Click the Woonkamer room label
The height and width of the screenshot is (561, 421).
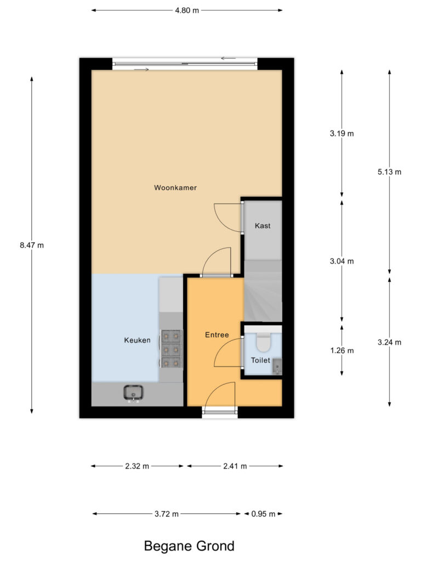tap(175, 187)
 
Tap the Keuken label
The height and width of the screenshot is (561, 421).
tap(137, 340)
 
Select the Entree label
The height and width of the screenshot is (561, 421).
tap(217, 335)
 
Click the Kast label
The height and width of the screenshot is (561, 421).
tap(263, 226)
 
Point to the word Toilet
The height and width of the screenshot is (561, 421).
tap(260, 360)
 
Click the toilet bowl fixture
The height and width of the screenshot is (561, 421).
tap(263, 341)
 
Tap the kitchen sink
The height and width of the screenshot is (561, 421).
tap(133, 393)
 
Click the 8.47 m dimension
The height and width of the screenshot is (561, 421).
tap(31, 245)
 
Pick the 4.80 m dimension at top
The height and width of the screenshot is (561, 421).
tap(187, 10)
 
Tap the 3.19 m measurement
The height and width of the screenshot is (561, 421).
tap(342, 133)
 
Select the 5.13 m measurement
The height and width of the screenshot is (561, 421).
tap(389, 171)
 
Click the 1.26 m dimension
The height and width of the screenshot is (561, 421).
tap(342, 351)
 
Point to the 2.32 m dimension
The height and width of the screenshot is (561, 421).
tap(137, 466)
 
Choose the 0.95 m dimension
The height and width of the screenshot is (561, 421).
tap(263, 514)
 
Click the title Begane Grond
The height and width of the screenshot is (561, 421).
tap(189, 546)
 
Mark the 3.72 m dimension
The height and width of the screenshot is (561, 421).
tap(167, 514)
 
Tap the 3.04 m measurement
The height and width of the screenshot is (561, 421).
tap(342, 261)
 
